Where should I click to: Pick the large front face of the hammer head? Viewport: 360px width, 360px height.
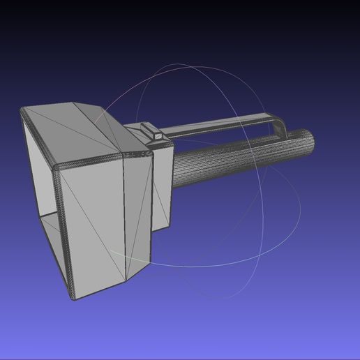tap(94, 223)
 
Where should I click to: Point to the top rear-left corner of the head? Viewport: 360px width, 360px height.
tap(25, 110)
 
